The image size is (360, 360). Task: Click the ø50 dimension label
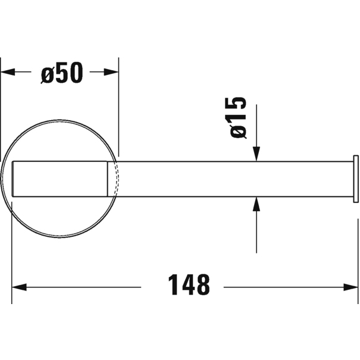pyautogui.click(x=62, y=73)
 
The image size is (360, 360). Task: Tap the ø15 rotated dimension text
pyautogui.click(x=237, y=118)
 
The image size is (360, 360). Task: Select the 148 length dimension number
pyautogui.click(x=189, y=284)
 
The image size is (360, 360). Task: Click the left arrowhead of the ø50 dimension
pyautogui.click(x=8, y=72)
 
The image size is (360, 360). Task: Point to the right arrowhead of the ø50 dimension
pyautogui.click(x=111, y=72)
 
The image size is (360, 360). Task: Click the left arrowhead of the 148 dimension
pyautogui.click(x=19, y=287)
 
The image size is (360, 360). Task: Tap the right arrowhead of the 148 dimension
pyautogui.click(x=350, y=287)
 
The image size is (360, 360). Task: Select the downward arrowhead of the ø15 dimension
pyautogui.click(x=256, y=154)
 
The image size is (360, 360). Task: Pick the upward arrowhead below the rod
pyautogui.click(x=256, y=204)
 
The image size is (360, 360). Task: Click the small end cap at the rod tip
pyautogui.click(x=356, y=179)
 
